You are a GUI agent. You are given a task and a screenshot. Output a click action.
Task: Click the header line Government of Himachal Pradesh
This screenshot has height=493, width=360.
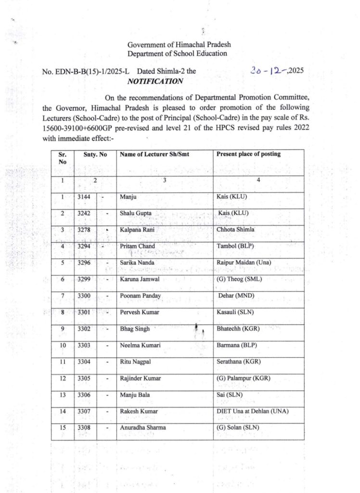pyautogui.click(x=177, y=45)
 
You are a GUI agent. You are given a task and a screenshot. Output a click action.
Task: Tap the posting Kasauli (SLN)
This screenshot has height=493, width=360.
pyautogui.click(x=236, y=312)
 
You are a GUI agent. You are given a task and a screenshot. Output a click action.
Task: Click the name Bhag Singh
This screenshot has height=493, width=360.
pyautogui.click(x=135, y=329)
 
